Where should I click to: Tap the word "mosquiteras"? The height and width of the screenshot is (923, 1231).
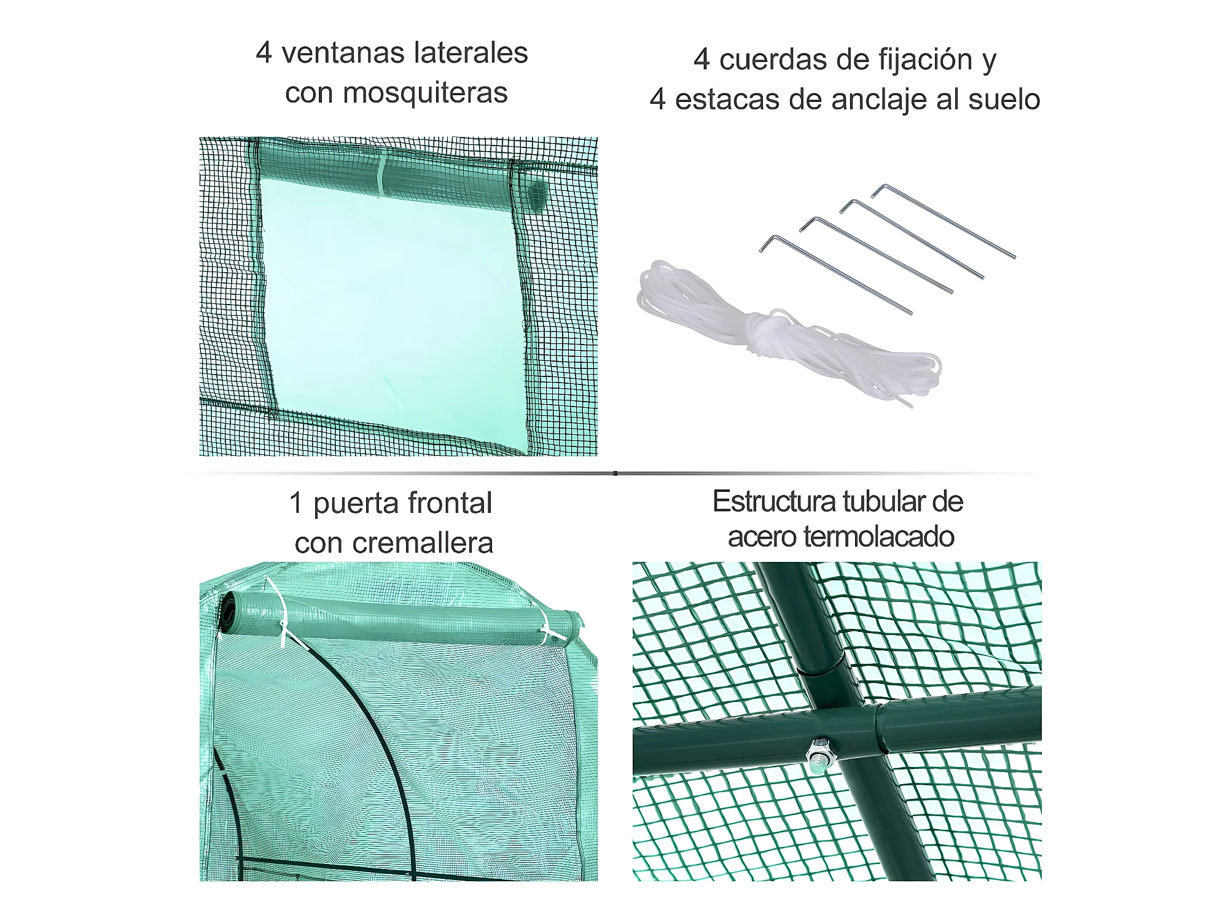[425, 93]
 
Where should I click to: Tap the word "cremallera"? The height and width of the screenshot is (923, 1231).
[423, 543]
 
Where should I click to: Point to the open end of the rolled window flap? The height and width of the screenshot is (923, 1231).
[536, 195]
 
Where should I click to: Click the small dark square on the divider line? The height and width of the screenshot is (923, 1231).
[615, 473]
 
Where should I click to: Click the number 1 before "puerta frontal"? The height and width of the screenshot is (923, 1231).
[295, 503]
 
